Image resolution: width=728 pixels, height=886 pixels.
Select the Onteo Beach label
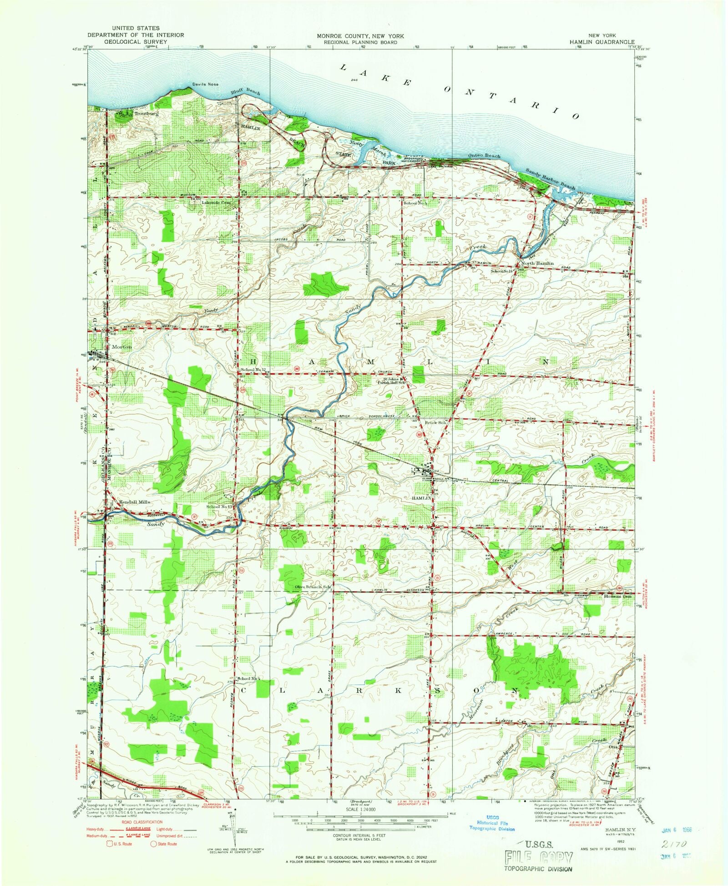[484, 156]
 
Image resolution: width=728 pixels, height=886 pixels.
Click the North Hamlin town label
[537, 263]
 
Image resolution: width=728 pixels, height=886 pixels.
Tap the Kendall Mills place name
[135, 502]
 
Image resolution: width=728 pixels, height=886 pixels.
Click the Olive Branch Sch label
[312, 587]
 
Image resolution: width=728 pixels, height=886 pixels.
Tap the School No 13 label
[219, 506]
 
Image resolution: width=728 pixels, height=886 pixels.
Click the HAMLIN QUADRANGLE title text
[602, 41]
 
